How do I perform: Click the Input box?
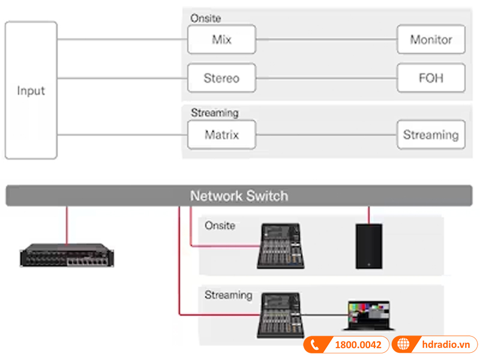click(31, 91)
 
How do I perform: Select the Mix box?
click(221, 40)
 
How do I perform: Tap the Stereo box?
click(221, 78)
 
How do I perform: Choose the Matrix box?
click(221, 134)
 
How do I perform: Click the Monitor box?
click(431, 40)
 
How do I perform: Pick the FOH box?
click(431, 78)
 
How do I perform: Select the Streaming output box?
click(431, 134)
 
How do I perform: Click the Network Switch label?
click(239, 196)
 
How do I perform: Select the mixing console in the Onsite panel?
click(281, 246)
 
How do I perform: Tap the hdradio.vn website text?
click(445, 345)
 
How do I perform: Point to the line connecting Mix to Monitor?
click(326, 40)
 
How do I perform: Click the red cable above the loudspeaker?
click(368, 214)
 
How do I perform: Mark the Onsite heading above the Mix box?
click(205, 19)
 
